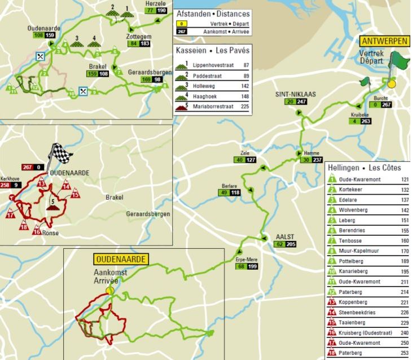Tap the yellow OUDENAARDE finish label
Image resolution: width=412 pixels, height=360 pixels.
tap(121, 260)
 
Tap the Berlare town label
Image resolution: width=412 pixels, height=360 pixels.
tap(229, 185)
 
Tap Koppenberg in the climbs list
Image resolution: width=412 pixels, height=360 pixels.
tap(354, 302)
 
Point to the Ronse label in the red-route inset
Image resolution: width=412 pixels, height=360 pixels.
tap(51, 232)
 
